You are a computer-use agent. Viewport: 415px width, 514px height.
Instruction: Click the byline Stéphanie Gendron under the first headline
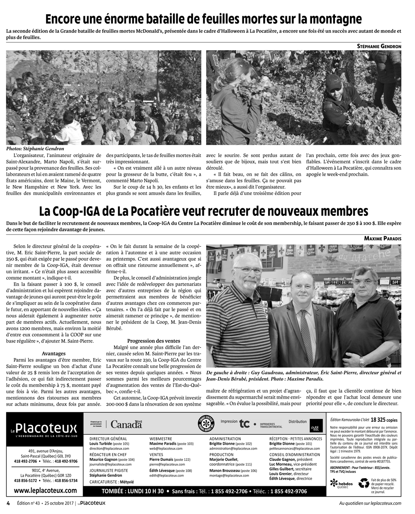(x=379, y=47)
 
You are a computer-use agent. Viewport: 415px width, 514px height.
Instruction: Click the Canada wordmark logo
(x=126, y=424)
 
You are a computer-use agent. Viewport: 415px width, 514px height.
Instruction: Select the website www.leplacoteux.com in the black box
(x=44, y=490)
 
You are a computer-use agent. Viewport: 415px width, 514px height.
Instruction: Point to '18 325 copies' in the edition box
(x=387, y=419)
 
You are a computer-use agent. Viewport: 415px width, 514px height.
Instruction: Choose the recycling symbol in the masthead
(x=364, y=483)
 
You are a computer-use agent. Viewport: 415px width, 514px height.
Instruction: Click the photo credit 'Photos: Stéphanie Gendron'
(x=35, y=149)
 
